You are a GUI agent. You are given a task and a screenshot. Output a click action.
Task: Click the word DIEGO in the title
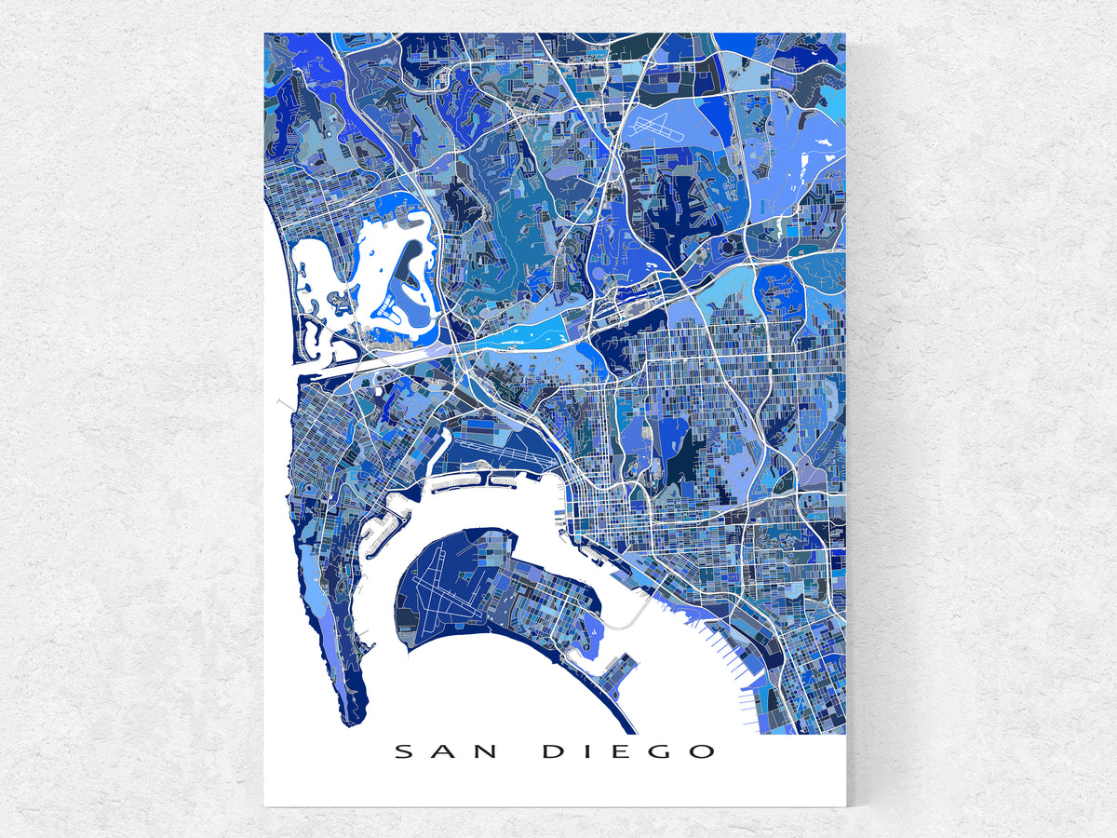point(629,751)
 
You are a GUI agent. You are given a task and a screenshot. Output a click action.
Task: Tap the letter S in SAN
point(403,751)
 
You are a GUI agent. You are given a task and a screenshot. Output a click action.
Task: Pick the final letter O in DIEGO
point(703,751)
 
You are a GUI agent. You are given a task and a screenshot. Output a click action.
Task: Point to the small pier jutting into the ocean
point(282,403)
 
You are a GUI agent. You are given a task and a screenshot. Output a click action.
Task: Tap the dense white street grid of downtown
point(596,521)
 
